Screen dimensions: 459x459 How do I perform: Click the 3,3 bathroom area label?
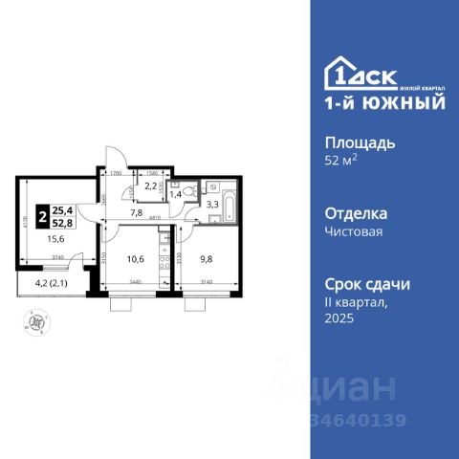pyautogui.click(x=213, y=203)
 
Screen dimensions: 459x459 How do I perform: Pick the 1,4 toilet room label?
pyautogui.click(x=177, y=193)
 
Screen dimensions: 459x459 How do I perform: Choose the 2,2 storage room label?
pyautogui.click(x=151, y=186)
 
